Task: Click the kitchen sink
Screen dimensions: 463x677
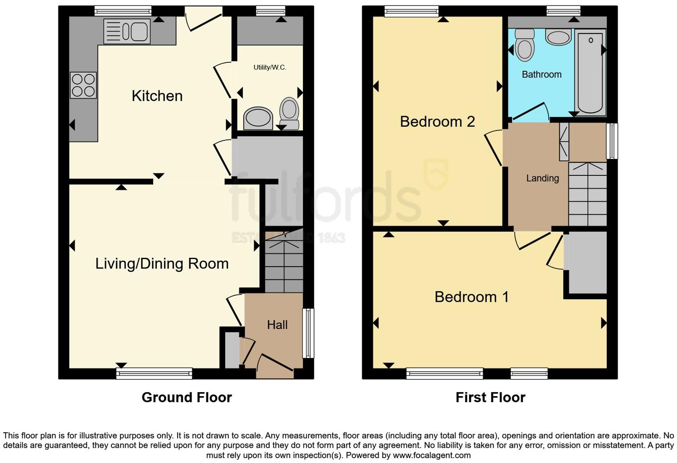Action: [127, 31]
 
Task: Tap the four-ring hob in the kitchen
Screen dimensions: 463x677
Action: [83, 85]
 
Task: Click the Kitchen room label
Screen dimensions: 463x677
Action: [157, 96]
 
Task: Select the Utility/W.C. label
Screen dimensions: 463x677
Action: [270, 67]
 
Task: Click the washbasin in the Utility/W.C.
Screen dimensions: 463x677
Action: [258, 118]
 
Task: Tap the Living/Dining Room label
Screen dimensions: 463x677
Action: [162, 264]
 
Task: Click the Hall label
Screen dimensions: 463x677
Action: [277, 325]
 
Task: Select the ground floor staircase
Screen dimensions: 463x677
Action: [284, 263]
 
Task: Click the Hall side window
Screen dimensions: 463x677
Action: [308, 333]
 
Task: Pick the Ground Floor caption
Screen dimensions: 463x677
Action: [187, 397]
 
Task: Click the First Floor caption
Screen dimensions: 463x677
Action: [490, 397]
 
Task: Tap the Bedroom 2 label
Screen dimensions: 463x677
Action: [437, 122]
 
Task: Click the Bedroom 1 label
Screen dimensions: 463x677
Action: [472, 297]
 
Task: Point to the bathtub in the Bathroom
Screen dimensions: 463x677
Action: [590, 71]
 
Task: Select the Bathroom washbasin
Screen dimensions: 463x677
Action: [558, 37]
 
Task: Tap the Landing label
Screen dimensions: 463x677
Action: [542, 178]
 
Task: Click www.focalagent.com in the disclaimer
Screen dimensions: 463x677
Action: [431, 455]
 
